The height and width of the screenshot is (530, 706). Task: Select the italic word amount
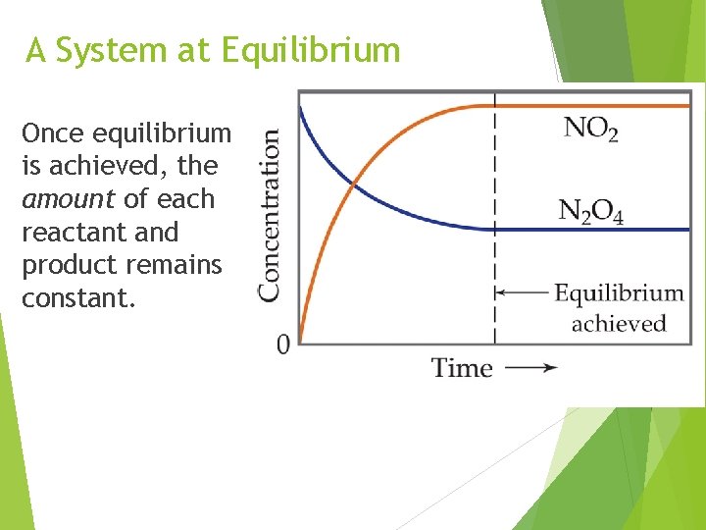coord(69,199)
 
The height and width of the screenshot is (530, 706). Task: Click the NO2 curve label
coord(590,129)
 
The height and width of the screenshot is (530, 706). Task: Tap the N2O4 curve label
coord(590,210)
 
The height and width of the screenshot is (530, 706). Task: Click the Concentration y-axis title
coord(270,215)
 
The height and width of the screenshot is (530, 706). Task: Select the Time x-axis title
coord(462,368)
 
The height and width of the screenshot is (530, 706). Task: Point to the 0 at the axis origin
coord(283,344)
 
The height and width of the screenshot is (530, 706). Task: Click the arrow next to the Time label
coord(534,368)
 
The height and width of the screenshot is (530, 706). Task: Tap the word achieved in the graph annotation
coord(618,324)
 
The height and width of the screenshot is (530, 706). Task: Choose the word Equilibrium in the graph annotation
coord(619,292)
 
